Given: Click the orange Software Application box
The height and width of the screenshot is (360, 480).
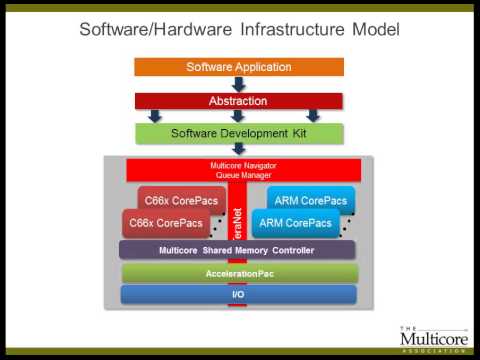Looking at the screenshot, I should [239, 67].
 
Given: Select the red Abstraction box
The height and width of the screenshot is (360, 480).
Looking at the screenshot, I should [239, 100].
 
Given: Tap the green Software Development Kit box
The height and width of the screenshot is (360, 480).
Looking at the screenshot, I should [239, 132].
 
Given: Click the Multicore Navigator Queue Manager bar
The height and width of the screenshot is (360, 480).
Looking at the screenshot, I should [239, 169].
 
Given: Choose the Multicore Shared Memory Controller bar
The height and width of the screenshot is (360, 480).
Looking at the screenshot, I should [238, 249].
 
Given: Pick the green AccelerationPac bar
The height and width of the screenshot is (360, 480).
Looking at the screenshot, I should [238, 272].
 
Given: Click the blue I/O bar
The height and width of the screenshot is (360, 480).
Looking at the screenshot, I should [238, 294].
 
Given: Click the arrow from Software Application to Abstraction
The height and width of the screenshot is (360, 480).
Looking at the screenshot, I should [239, 84].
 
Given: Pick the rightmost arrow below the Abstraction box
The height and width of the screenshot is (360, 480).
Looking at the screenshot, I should [313, 116].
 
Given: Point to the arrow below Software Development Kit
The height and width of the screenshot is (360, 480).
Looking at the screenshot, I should [239, 148].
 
